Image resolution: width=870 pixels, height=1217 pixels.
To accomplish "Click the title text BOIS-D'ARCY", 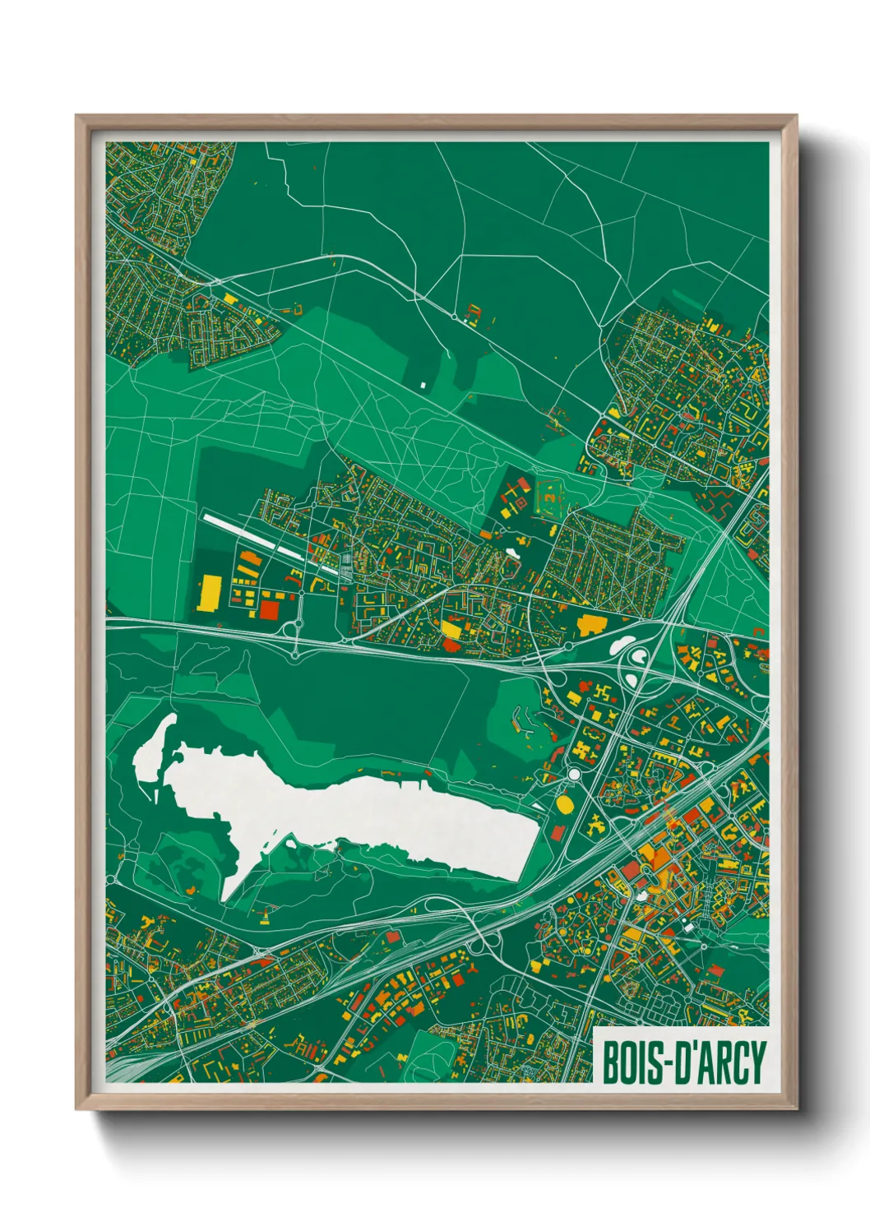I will [x=683, y=1062].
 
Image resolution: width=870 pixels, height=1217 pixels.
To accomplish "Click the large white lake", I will [x=370, y=814].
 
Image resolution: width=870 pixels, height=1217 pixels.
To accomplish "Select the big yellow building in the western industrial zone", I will [x=209, y=593].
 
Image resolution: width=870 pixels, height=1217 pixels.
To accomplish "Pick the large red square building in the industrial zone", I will [x=270, y=609].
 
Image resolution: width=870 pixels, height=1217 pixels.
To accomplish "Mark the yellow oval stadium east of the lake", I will [x=566, y=803].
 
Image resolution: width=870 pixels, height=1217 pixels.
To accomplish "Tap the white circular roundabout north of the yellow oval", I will [x=573, y=775].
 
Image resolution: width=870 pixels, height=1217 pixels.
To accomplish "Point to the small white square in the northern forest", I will [x=423, y=384].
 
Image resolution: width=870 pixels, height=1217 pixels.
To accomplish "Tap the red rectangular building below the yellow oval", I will [x=558, y=832].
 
